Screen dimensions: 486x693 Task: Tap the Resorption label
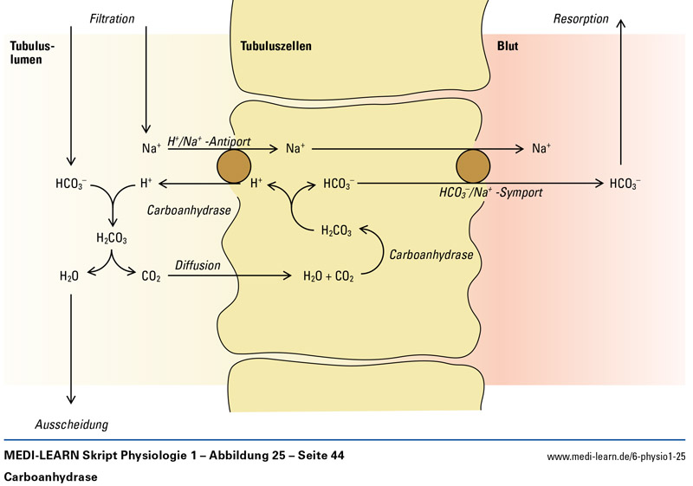(x=580, y=18)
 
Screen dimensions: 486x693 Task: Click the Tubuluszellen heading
(x=275, y=46)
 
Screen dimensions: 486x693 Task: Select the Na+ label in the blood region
(x=541, y=149)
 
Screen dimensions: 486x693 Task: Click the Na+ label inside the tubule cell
(x=295, y=149)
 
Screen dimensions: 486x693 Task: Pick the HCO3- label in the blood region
(x=625, y=184)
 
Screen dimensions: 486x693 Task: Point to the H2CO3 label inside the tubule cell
(x=337, y=230)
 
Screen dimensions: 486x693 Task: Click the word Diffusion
(x=198, y=265)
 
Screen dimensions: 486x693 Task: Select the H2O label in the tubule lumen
(x=69, y=277)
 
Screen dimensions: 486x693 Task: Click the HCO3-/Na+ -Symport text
(x=490, y=192)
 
